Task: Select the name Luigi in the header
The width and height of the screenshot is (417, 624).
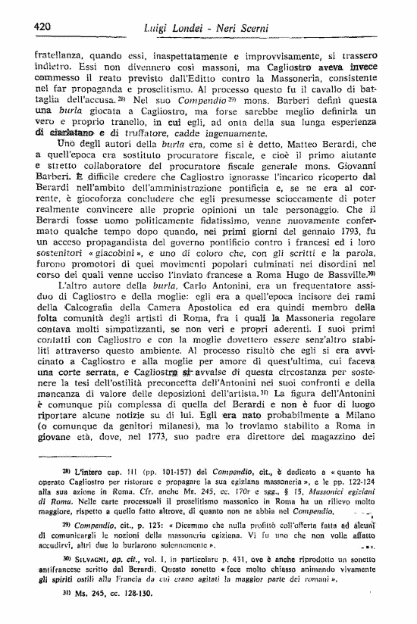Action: (156, 29)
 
